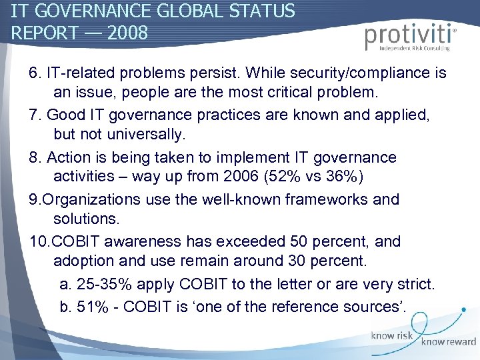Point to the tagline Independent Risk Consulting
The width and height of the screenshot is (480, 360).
point(414,48)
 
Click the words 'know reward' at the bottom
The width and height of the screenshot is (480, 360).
point(448,342)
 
